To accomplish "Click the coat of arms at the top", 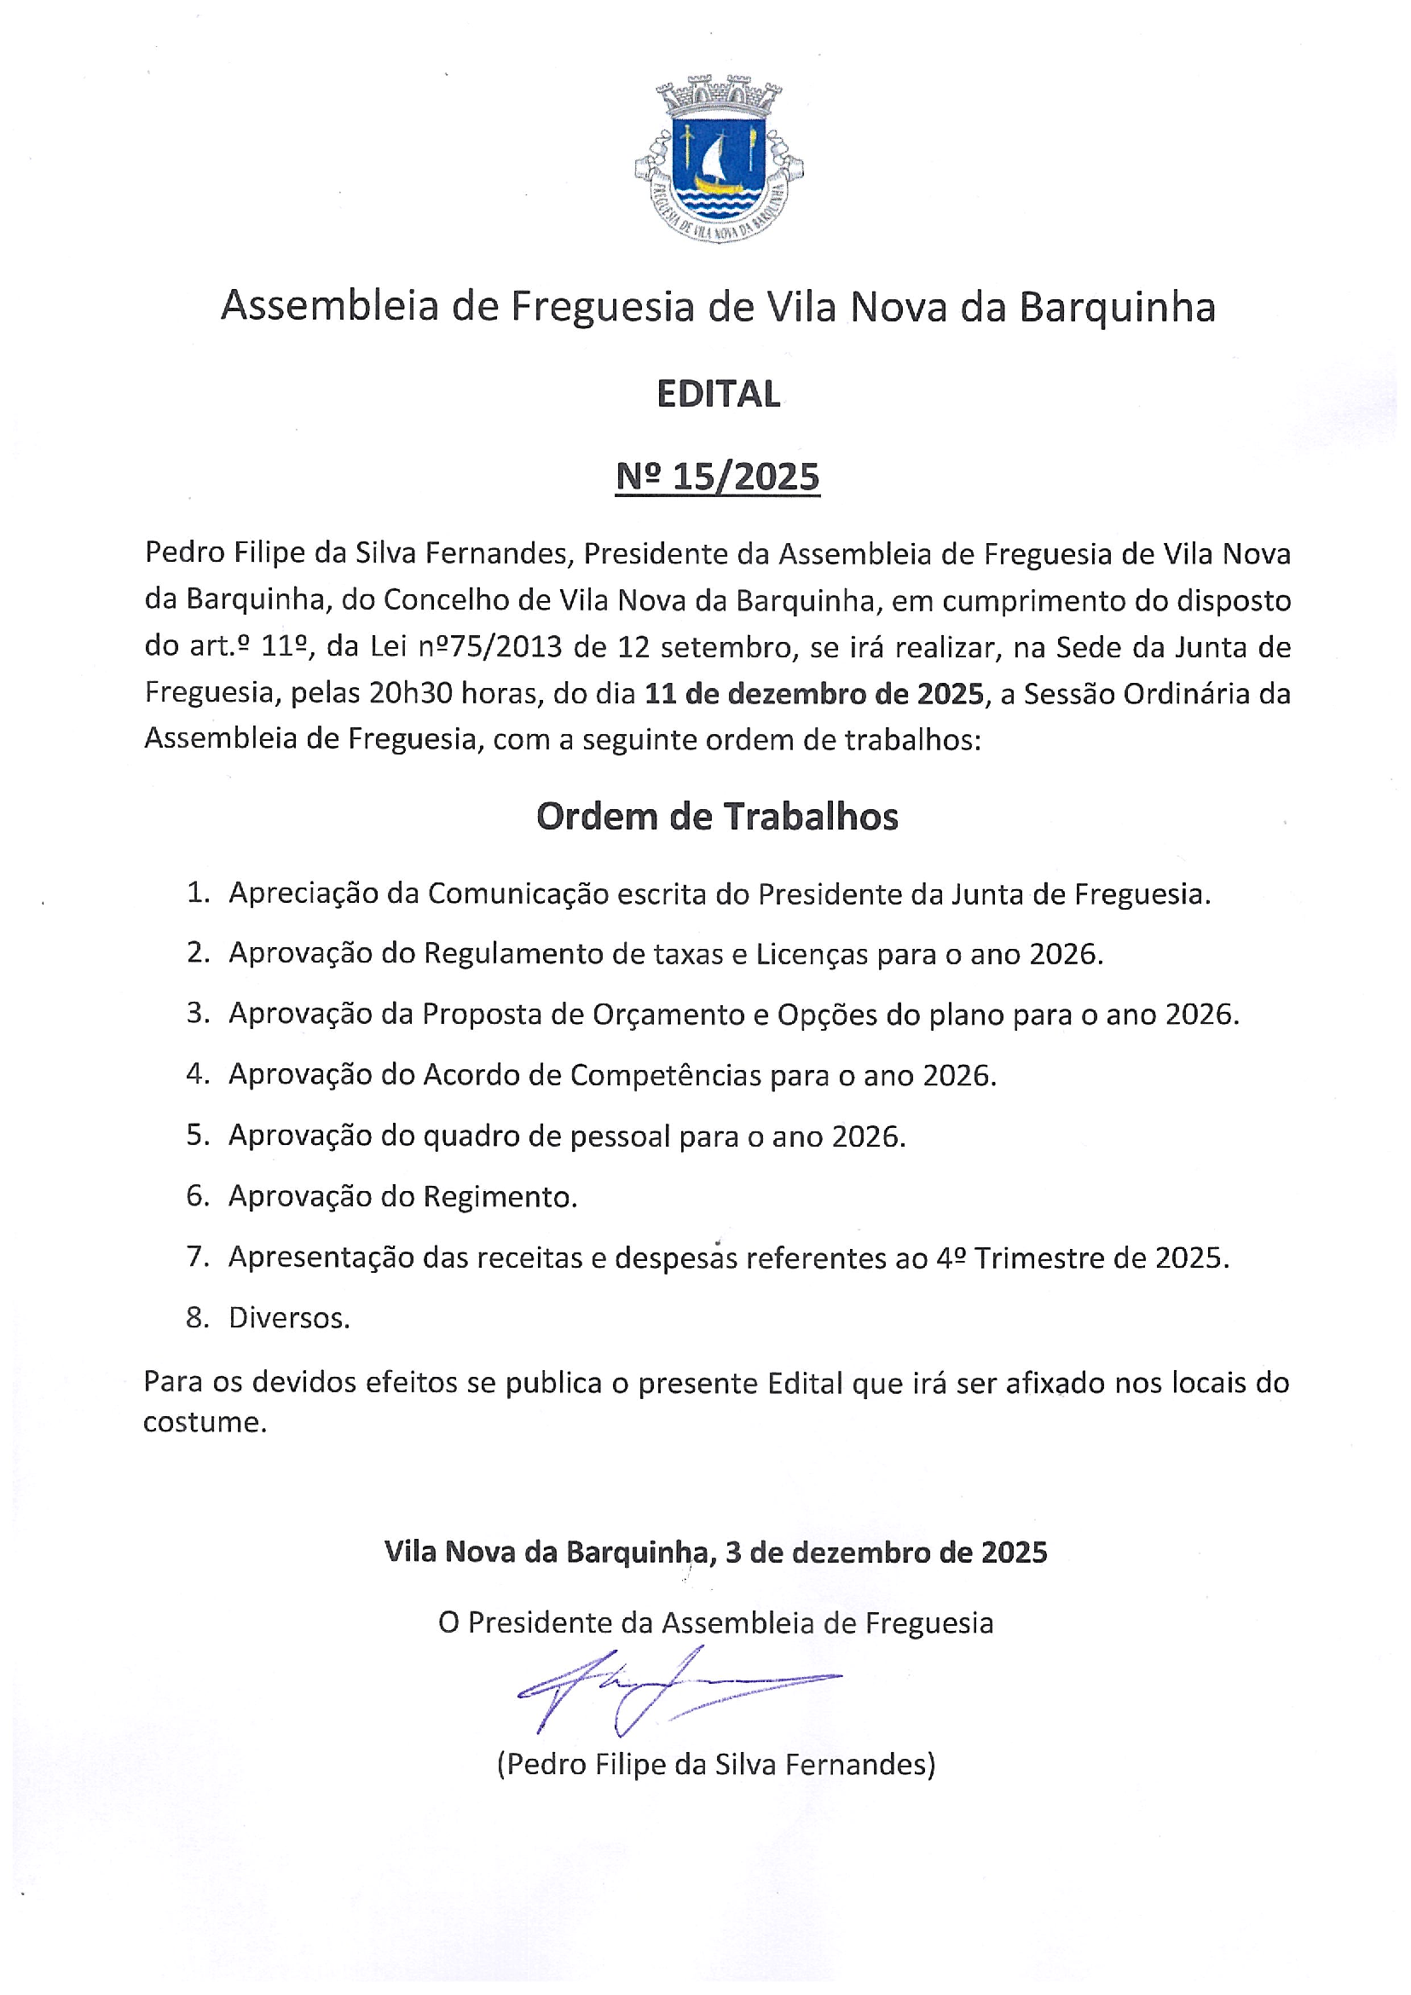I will (x=719, y=159).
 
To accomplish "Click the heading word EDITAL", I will (x=719, y=395).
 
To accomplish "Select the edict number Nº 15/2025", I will (x=718, y=477).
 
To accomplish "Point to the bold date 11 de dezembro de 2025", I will (x=814, y=693).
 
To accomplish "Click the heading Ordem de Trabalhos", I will (x=717, y=817).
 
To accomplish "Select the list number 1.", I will (x=198, y=893).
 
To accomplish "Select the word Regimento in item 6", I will (x=500, y=1197).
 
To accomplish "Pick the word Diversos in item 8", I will (x=288, y=1318).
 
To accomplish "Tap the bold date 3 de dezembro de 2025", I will (x=885, y=1553).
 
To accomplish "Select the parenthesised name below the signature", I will (x=716, y=1765).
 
